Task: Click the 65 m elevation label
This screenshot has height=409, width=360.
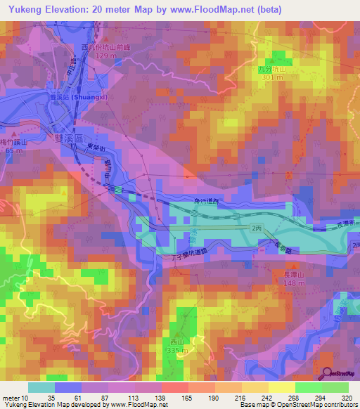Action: pos(12,150)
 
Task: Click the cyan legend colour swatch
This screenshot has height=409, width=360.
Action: pos(41,387)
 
